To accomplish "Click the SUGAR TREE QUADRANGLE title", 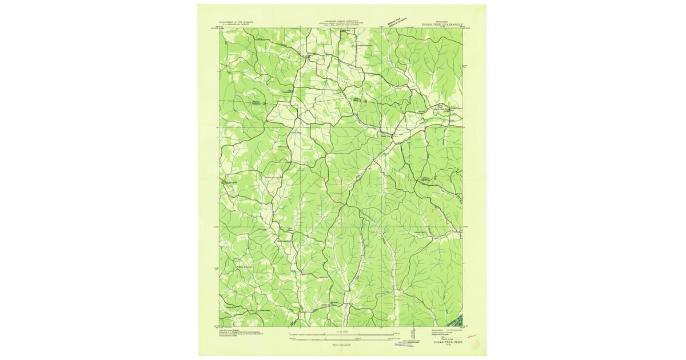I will pyautogui.click(x=441, y=25).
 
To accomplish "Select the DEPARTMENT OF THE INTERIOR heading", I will pyautogui.click(x=236, y=22).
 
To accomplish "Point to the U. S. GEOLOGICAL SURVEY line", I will pyautogui.click(x=236, y=25).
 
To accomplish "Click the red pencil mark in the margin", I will pyautogui.click(x=472, y=338).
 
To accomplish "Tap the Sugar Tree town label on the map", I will pyautogui.click(x=384, y=136).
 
